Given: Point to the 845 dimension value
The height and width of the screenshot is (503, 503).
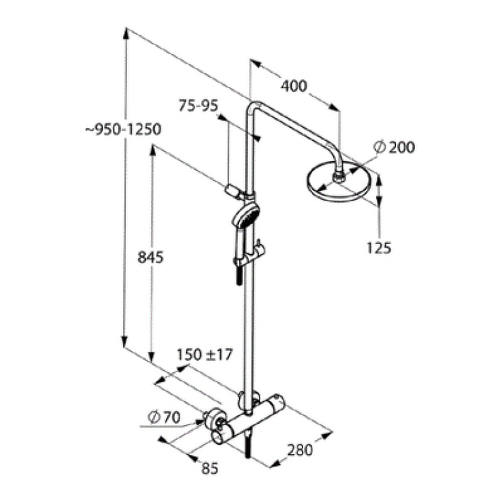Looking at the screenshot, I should (x=150, y=257).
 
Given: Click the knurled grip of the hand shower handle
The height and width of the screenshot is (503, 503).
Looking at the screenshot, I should (x=239, y=274).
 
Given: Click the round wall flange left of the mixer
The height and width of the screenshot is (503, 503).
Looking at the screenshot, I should (x=214, y=418).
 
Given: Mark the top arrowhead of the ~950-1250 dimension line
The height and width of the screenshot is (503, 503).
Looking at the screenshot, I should (x=126, y=31).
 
